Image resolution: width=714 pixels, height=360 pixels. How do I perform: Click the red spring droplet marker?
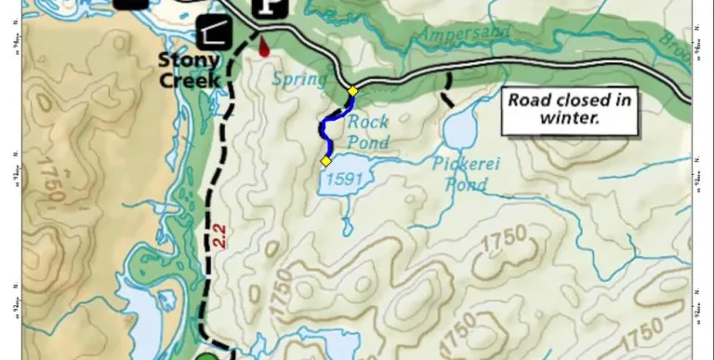(264, 47)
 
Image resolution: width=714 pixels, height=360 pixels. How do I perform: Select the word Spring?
(300, 78)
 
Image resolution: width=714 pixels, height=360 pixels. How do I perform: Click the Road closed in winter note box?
(570, 110)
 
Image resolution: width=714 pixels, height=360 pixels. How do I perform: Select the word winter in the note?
(570, 119)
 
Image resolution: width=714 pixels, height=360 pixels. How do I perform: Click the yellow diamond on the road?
(352, 91)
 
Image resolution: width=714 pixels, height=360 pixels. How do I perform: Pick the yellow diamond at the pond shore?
(325, 161)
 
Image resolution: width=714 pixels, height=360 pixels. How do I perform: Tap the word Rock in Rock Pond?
(367, 122)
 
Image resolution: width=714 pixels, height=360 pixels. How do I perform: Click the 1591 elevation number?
(342, 180)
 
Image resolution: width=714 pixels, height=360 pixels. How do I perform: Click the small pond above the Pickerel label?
(460, 131)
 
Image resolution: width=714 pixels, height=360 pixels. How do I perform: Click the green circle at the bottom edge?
(209, 356)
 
